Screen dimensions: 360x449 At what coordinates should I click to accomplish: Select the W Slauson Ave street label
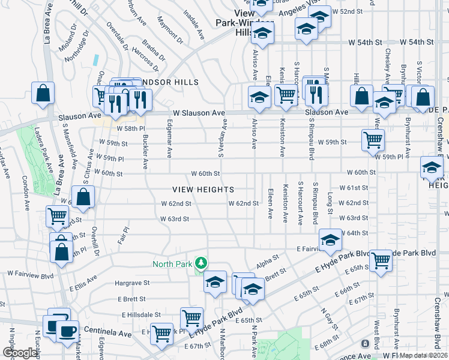[199, 113]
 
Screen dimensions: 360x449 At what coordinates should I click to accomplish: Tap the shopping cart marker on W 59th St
[373, 140]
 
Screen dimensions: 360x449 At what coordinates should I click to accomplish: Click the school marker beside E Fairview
[330, 240]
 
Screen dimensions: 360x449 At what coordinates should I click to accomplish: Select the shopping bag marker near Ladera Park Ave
[43, 93]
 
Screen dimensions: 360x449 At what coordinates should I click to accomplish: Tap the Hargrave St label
[131, 283]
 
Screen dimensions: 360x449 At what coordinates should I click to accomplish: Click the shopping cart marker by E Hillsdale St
[191, 318]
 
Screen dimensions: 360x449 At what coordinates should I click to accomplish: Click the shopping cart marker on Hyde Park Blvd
[381, 260]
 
